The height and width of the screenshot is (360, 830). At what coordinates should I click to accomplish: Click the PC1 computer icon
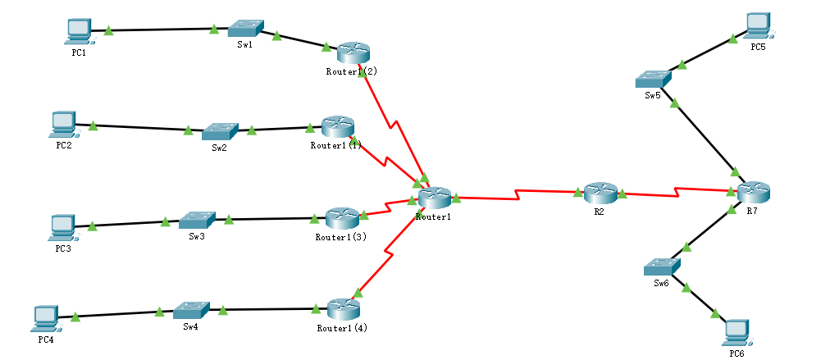click(78, 30)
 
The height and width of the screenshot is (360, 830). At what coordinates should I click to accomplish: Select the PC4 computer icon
click(43, 317)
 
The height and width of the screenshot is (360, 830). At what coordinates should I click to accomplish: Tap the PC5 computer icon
click(759, 25)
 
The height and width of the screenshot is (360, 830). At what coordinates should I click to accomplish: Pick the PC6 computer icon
click(738, 331)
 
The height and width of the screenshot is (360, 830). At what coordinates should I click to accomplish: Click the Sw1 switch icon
click(244, 28)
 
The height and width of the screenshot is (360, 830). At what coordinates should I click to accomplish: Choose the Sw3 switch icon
click(197, 220)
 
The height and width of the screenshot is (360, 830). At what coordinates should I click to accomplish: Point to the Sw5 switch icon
click(653, 79)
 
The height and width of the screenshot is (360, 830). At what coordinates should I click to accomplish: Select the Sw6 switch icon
click(661, 267)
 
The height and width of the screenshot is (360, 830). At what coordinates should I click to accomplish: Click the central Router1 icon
click(435, 197)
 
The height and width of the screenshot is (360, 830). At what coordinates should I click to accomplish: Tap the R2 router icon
click(600, 192)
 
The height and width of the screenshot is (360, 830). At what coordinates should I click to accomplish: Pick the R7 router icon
click(753, 193)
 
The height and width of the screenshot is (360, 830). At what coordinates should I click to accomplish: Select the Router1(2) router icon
click(353, 52)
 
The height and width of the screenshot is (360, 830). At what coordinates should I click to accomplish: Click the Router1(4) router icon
click(343, 309)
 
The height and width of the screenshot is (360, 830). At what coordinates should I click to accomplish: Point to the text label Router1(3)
click(340, 237)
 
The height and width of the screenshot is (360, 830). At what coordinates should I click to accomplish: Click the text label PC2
click(63, 145)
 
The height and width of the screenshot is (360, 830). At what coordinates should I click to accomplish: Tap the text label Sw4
click(190, 326)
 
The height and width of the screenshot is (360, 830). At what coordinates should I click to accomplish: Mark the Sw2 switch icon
click(220, 130)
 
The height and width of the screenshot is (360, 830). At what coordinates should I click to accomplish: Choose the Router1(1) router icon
click(337, 126)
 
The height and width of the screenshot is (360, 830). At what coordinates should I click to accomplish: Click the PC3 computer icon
click(62, 226)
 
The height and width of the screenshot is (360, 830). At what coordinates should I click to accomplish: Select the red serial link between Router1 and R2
click(517, 195)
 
